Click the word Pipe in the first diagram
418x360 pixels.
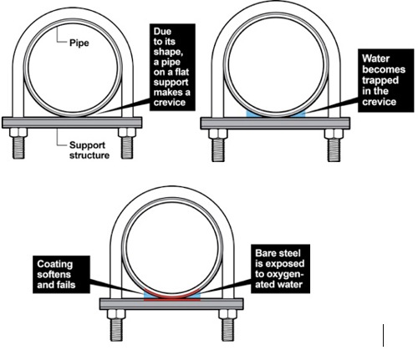pyautogui.click(x=79, y=43)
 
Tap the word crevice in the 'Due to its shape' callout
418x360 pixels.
pyautogui.click(x=170, y=102)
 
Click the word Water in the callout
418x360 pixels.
pyautogui.click(x=375, y=58)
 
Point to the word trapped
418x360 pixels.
pyautogui.click(x=380, y=80)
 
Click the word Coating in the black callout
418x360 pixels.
pyautogui.click(x=55, y=264)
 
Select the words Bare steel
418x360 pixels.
pyautogui.click(x=278, y=253)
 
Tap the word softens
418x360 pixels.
pyautogui.click(x=54, y=275)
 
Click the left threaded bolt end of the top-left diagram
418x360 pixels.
pyautogui.click(x=18, y=148)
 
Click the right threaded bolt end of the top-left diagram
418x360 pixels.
pyautogui.click(x=127, y=148)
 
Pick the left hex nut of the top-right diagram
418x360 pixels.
pyautogui.click(x=218, y=134)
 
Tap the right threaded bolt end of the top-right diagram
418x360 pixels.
pyautogui.click(x=334, y=150)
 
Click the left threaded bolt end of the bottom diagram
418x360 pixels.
pyautogui.click(x=116, y=330)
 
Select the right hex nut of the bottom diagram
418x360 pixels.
pyautogui.click(x=228, y=314)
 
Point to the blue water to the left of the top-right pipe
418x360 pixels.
pyautogui.click(x=252, y=114)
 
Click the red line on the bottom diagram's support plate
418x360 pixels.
pyautogui.click(x=172, y=300)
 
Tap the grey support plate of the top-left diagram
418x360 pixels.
pyautogui.click(x=72, y=123)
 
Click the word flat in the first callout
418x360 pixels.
pyautogui.click(x=181, y=72)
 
